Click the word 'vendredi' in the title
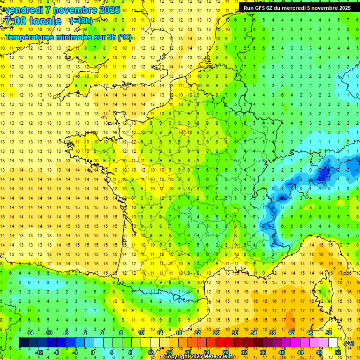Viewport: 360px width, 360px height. tap(23, 10)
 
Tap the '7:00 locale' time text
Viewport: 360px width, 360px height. tap(33, 22)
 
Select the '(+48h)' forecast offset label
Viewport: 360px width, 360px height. tap(81, 21)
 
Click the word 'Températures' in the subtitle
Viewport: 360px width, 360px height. tap(28, 37)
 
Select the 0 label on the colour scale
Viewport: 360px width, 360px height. tap(92, 352)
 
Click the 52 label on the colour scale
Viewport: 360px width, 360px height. tap(337, 352)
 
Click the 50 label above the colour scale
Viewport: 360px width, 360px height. tap(329, 333)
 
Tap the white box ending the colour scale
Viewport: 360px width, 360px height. tap(333, 343)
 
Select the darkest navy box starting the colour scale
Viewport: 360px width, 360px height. tap(23, 343)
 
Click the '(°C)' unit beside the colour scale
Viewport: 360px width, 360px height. tap(349, 343)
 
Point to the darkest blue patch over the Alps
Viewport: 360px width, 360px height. tap(322, 174)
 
